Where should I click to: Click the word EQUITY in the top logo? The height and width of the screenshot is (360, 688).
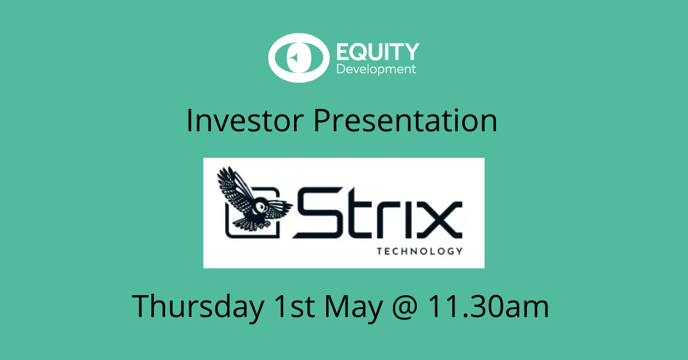coord(377,52)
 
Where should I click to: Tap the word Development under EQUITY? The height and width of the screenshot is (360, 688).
coord(376,69)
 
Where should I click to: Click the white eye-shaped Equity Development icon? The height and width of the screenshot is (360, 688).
coord(297,58)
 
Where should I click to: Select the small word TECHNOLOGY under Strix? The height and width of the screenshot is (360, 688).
coord(419,251)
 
